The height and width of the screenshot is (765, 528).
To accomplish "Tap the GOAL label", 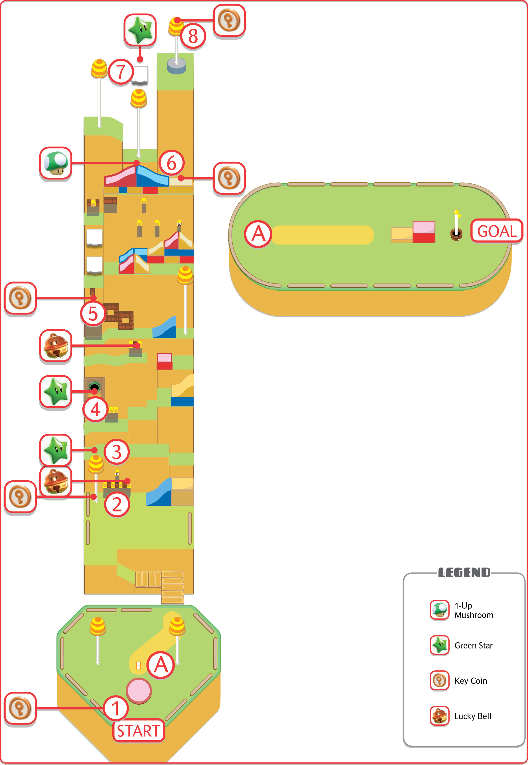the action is click(x=497, y=231).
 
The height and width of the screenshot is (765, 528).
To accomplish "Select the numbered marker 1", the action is click(x=115, y=709).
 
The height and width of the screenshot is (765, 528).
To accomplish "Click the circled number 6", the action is click(x=171, y=163).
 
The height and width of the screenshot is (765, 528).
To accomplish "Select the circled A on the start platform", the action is click(x=161, y=665).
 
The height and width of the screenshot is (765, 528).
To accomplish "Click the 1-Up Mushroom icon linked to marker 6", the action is click(x=56, y=163).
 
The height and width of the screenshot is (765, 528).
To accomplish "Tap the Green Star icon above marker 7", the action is click(x=140, y=30).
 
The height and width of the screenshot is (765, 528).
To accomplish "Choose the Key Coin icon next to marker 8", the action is click(x=229, y=21).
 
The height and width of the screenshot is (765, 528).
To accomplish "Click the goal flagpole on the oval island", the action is click(x=456, y=225).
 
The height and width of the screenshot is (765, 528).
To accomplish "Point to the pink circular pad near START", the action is click(x=139, y=690).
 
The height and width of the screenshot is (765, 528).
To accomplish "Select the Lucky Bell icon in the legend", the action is click(x=439, y=715).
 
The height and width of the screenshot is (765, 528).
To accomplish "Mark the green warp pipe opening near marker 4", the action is click(x=94, y=386).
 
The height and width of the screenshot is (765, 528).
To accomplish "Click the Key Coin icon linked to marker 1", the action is click(x=20, y=708).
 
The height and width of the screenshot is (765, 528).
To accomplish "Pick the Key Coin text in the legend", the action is click(x=470, y=681).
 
